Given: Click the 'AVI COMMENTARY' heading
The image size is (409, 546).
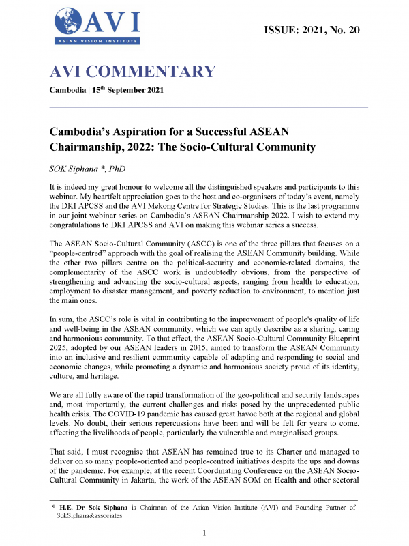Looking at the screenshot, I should tap(132, 72).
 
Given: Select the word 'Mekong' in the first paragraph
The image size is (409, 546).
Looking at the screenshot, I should tap(212, 206).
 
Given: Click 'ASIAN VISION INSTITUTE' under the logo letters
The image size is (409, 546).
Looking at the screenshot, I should tap(97, 42).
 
